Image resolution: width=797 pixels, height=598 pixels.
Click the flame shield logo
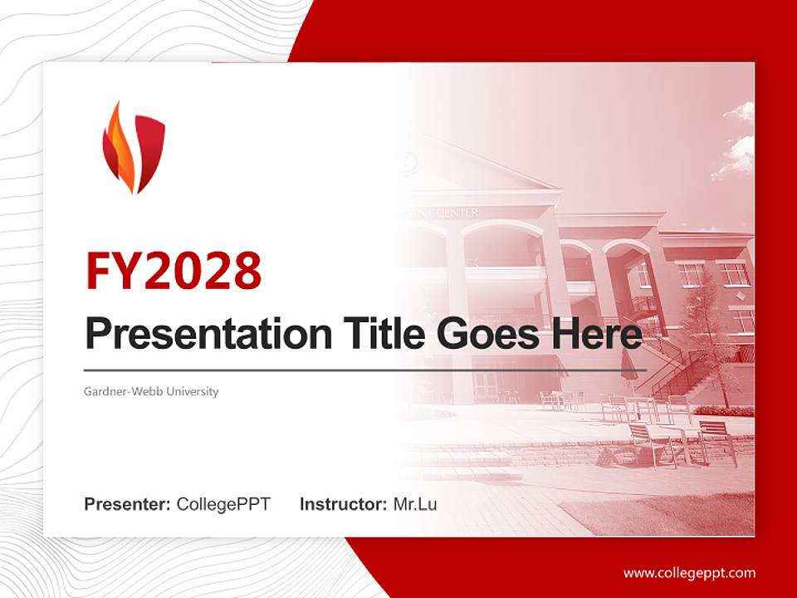[x=133, y=147]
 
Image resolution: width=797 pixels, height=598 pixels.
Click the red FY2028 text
[x=174, y=271]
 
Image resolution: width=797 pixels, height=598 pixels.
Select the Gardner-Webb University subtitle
[x=151, y=391]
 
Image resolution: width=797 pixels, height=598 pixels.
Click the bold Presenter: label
[x=128, y=504]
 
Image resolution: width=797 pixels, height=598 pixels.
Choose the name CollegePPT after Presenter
[x=223, y=504]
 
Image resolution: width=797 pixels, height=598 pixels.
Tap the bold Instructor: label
[x=343, y=504]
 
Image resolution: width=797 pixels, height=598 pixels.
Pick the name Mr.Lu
[x=415, y=504]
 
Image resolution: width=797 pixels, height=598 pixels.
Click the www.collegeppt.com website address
[x=689, y=572]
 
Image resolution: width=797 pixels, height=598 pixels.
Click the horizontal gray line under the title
[x=365, y=370]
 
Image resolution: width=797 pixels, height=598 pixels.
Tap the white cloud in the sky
[x=735, y=149]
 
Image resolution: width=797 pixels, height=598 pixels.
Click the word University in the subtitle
[x=192, y=391]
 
